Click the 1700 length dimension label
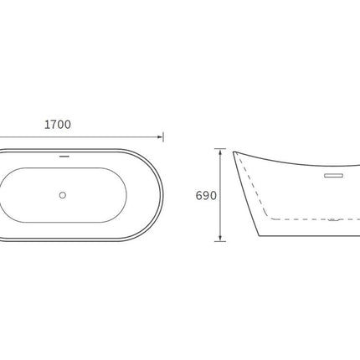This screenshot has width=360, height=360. (58, 125)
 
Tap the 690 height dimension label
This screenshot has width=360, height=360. (206, 196)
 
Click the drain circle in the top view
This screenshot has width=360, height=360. (63, 195)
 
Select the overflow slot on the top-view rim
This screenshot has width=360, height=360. (64, 157)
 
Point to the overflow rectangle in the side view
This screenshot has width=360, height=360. (333, 176)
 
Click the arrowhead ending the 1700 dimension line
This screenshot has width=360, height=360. (160, 137)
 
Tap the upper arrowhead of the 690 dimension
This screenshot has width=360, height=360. (220, 152)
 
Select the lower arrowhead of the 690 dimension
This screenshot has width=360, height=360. (220, 238)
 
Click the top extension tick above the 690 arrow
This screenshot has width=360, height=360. (220, 149)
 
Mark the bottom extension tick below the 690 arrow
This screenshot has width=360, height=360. (220, 241)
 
